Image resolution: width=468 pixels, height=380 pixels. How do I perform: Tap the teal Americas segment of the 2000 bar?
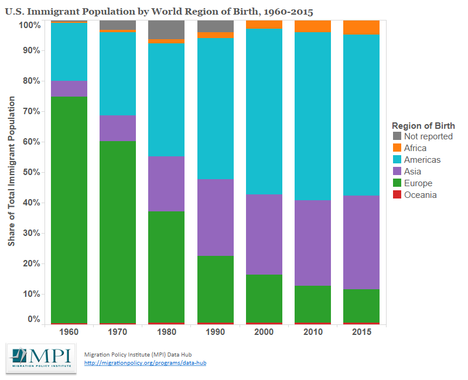pos(264,111)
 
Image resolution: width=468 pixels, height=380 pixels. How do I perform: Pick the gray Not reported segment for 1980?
pos(166,30)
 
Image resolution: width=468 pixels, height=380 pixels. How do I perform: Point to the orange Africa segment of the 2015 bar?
pos(361,28)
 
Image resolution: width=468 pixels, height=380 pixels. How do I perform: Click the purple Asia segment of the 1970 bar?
pos(118,128)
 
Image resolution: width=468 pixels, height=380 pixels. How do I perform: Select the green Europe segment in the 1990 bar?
pos(215,289)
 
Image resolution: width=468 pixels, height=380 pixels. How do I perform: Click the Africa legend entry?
pos(415,148)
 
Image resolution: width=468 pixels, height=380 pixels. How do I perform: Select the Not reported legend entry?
pos(428,136)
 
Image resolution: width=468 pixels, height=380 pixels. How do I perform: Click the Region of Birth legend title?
pos(423,125)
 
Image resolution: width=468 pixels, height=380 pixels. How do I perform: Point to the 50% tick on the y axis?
pos(31,172)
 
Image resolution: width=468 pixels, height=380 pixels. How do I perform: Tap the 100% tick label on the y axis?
pos(29,25)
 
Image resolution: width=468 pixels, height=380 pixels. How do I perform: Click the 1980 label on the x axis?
pos(166,331)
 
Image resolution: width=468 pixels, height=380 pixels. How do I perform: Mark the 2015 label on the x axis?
pos(361,331)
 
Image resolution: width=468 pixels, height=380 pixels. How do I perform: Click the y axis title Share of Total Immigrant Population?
pos(11,171)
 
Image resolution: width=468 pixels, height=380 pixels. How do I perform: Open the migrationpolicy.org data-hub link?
pos(145,363)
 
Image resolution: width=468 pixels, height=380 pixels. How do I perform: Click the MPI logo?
pos(41,358)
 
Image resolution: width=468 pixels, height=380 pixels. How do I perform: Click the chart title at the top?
pos(158,11)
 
